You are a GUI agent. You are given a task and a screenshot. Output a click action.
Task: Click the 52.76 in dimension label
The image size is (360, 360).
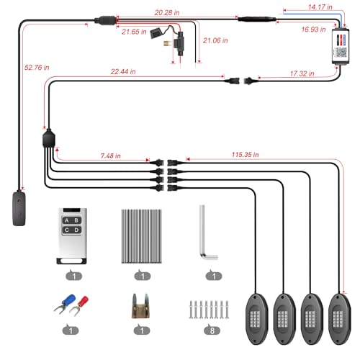click(x=37, y=68)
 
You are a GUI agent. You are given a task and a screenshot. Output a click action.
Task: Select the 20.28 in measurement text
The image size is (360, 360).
click(x=167, y=13)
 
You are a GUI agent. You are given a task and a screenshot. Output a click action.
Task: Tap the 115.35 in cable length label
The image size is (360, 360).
click(x=245, y=155)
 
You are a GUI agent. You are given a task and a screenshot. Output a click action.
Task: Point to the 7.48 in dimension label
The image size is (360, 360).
click(x=110, y=156)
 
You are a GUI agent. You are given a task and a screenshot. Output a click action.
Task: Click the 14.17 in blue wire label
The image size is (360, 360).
click(x=320, y=7)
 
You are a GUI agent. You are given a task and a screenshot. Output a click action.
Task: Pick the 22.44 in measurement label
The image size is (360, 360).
click(x=123, y=71)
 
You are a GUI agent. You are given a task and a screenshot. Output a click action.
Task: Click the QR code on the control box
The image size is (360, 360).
click(x=341, y=53)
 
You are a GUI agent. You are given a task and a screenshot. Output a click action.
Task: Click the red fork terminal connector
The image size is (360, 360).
click(x=79, y=305)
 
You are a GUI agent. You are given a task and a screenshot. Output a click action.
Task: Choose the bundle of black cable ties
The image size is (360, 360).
click(x=141, y=236)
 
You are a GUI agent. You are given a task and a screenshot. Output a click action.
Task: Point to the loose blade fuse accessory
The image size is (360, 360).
click(x=141, y=306)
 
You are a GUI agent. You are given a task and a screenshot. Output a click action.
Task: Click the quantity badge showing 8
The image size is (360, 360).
click(x=212, y=330)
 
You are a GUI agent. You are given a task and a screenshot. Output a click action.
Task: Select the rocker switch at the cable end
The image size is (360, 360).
click(x=19, y=208)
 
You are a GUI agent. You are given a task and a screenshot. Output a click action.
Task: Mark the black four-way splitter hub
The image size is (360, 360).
click(x=49, y=138)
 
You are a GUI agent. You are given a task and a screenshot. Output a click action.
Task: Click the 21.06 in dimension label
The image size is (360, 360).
click(x=215, y=40)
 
